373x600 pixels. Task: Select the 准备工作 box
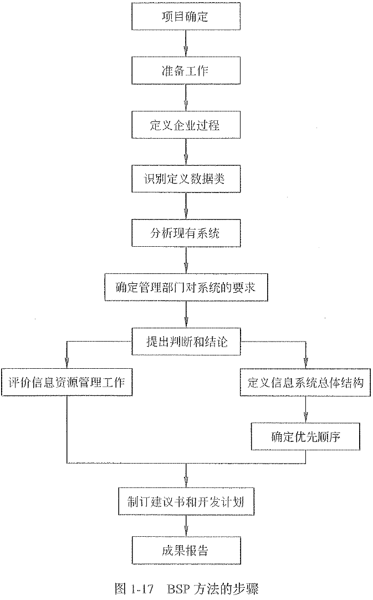[x=186, y=71]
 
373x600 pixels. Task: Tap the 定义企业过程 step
[x=186, y=125]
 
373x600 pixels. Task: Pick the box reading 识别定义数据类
[x=186, y=179]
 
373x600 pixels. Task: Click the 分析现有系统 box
[x=186, y=232]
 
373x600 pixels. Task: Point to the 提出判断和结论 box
[x=186, y=342]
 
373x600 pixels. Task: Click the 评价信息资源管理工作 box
[x=67, y=383]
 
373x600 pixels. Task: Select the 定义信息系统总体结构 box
[x=305, y=383]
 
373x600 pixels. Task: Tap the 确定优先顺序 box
[x=305, y=436]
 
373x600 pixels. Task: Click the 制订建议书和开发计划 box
[x=186, y=502]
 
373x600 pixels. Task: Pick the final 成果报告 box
[x=186, y=551]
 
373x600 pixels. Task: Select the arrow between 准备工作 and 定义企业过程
[x=186, y=98]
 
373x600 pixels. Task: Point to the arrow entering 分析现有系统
[x=186, y=206]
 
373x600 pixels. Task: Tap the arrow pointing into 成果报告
[x=186, y=527]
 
